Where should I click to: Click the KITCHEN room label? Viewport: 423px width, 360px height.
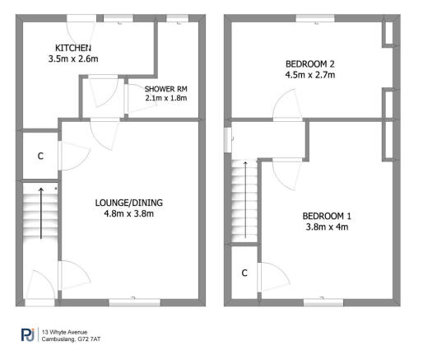(73, 48)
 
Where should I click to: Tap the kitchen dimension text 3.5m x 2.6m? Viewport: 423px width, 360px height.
(73, 59)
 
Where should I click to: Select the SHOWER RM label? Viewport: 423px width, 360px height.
(165, 88)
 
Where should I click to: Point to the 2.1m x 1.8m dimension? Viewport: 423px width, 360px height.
(165, 98)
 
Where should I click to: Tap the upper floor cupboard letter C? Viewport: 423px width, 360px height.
(244, 273)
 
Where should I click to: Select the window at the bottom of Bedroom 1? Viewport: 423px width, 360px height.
(323, 302)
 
